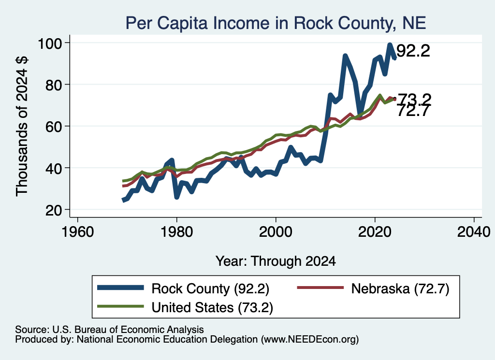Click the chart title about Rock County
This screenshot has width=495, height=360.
click(x=276, y=23)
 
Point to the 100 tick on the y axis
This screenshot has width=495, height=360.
click(x=50, y=43)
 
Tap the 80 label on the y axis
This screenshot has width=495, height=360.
click(x=53, y=85)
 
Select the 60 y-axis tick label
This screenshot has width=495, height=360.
click(x=53, y=126)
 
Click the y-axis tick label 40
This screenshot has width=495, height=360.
click(x=53, y=168)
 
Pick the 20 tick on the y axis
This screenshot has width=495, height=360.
click(x=53, y=210)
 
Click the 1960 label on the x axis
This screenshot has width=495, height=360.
click(x=78, y=232)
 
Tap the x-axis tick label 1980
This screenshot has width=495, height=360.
click(x=177, y=232)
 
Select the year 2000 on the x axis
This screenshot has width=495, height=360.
click(x=276, y=232)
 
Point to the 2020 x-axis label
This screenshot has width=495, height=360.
click(x=375, y=232)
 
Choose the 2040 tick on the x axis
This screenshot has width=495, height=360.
click(x=474, y=232)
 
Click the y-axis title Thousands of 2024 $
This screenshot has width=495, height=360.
click(x=22, y=126)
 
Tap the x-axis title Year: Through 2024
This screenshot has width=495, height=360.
click(x=276, y=261)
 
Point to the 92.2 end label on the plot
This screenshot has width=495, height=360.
click(x=413, y=51)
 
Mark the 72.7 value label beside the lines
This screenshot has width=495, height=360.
click(x=414, y=111)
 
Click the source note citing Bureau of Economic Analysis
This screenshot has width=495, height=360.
click(x=109, y=330)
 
